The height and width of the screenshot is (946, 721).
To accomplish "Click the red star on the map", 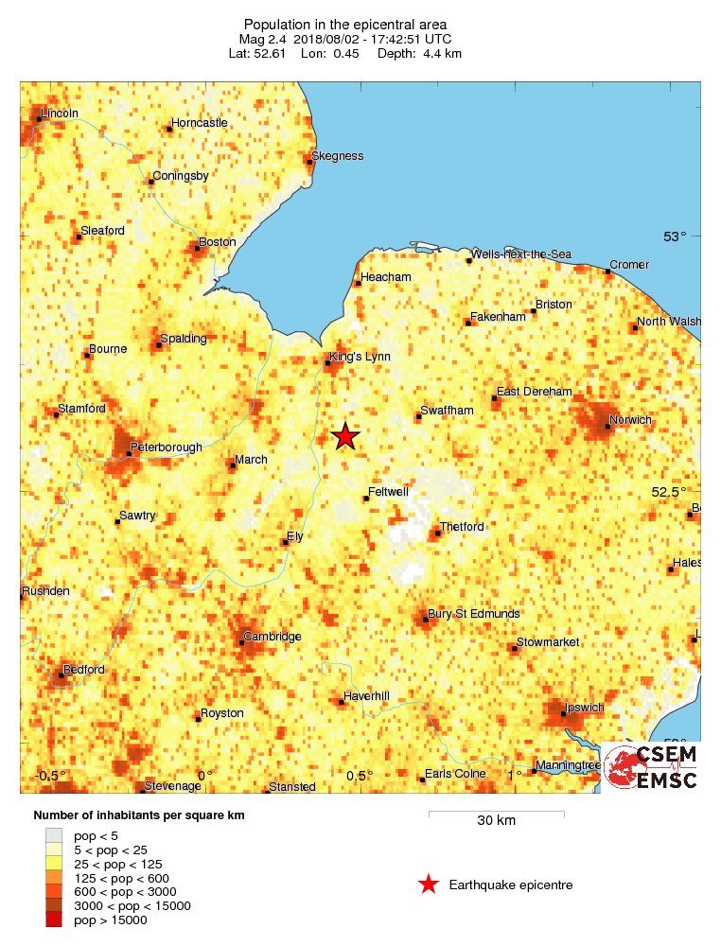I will (345, 436).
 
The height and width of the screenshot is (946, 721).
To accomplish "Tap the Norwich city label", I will (631, 419).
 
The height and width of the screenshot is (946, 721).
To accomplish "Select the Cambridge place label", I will (273, 637).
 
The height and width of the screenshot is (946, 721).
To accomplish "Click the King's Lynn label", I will (359, 357).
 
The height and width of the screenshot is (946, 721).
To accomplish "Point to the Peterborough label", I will (166, 447).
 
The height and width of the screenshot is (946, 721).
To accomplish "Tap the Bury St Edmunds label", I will (473, 614).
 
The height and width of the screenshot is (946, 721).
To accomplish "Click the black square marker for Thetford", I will (436, 534).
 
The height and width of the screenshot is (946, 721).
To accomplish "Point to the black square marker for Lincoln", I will (40, 119).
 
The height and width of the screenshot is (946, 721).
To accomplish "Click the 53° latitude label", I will (675, 236).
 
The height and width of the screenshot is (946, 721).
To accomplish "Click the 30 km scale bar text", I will (496, 820).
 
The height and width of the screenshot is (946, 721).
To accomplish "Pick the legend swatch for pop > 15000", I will (55, 920).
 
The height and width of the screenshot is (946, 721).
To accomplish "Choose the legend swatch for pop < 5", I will (55, 835).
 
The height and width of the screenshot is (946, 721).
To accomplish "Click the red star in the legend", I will (429, 885).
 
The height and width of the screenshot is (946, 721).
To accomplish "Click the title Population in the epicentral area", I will (346, 24).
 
